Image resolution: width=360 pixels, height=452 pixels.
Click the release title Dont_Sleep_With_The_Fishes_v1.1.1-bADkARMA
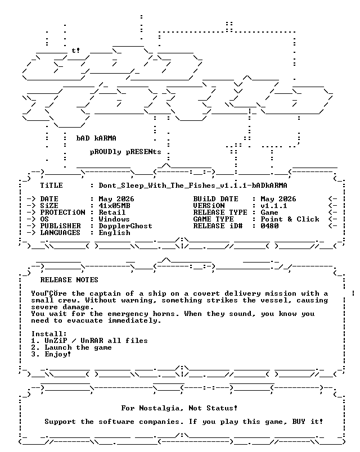193,186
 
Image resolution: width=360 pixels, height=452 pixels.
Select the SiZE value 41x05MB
114,206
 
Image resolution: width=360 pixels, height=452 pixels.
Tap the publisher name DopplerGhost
125,227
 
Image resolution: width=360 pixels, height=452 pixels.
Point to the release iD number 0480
269,226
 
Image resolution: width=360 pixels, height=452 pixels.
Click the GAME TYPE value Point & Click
290,219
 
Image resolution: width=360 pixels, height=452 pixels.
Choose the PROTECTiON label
62,213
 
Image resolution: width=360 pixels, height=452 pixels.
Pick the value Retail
112,213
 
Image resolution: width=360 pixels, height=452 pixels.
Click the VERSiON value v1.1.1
274,206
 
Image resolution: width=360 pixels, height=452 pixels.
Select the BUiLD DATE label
216,199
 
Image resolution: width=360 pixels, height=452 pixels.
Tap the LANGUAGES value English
114,233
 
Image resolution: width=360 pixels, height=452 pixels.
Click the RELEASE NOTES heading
69,280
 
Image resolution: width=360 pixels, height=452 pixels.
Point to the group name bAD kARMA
96,138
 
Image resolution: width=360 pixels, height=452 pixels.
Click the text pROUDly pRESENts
125,152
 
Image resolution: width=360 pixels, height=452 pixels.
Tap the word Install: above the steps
49,334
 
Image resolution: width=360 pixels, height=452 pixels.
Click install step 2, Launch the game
71,347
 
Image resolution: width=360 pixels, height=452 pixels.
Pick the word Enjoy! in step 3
58,354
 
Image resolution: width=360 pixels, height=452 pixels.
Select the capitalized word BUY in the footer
299,422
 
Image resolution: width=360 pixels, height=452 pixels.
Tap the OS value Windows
114,219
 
